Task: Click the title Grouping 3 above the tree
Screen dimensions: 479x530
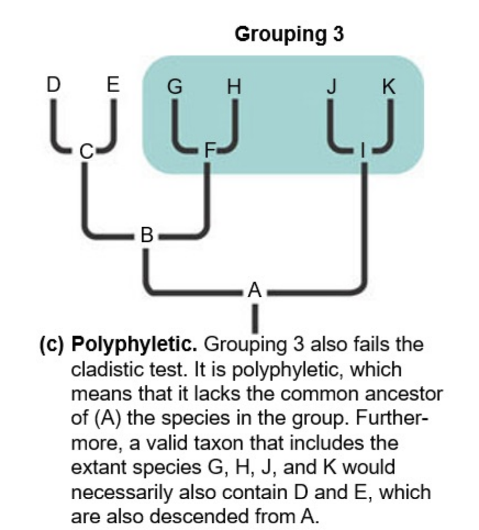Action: coord(289,34)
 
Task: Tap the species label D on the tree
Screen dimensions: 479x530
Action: coord(53,85)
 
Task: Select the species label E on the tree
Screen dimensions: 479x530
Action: coord(113,85)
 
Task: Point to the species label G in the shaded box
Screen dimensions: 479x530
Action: coord(175,86)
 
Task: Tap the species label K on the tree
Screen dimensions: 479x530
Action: coord(389,86)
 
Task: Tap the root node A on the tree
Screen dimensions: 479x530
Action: coord(254,289)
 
